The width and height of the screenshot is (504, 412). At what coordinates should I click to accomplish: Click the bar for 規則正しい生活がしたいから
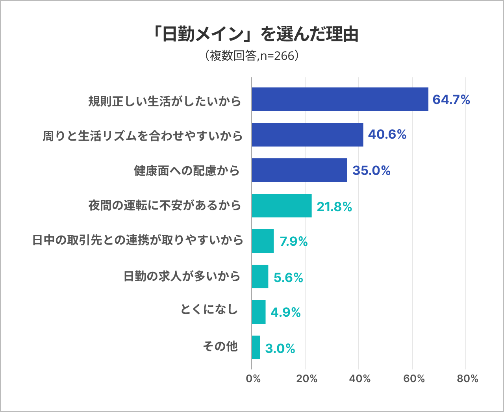pyautogui.click(x=340, y=99)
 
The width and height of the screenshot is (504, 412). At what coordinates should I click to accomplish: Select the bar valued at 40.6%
pyautogui.click(x=307, y=135)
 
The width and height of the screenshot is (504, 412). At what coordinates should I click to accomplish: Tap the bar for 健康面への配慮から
pyautogui.click(x=299, y=170)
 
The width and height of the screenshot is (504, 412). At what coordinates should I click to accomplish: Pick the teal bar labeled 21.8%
pyautogui.click(x=282, y=206)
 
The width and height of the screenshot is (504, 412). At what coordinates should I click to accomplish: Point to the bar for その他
pyautogui.click(x=256, y=347)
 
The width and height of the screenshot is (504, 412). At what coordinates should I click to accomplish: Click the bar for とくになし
pyautogui.click(x=259, y=312)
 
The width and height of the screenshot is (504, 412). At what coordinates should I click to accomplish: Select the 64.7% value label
pyautogui.click(x=451, y=100)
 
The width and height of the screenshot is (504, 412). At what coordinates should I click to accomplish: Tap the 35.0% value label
pyautogui.click(x=371, y=171)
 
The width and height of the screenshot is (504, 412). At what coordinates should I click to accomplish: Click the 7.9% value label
pyautogui.click(x=294, y=241)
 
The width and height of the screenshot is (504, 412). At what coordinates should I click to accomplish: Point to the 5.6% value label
pyautogui.click(x=288, y=278)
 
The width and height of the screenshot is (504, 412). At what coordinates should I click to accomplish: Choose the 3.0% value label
pyautogui.click(x=280, y=349)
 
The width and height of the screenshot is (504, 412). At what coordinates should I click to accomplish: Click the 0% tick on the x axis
pyautogui.click(x=253, y=379)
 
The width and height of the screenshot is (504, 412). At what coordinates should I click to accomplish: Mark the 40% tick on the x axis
pyautogui.click(x=359, y=379)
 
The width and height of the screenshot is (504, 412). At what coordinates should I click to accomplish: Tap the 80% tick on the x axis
pyautogui.click(x=467, y=379)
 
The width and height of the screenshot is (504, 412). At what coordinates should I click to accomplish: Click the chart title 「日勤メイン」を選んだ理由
pyautogui.click(x=256, y=35)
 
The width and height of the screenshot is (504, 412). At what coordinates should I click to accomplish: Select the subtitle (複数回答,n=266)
pyautogui.click(x=252, y=56)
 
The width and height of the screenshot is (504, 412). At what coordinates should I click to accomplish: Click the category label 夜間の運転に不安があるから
pyautogui.click(x=165, y=206)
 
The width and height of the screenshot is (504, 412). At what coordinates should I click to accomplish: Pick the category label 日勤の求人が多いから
pyautogui.click(x=182, y=277)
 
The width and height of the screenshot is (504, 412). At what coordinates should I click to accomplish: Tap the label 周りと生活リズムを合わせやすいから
pyautogui.click(x=143, y=136)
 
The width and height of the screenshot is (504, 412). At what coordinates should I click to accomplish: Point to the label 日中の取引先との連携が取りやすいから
pyautogui.click(x=137, y=240)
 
